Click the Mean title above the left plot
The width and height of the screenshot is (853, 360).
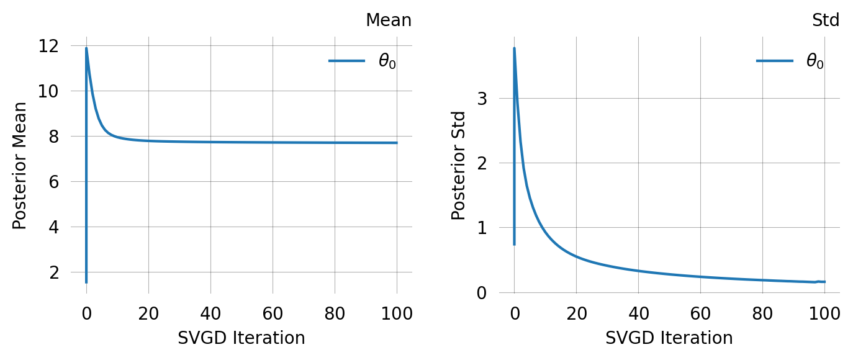(x=388, y=20)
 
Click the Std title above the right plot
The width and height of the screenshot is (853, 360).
(x=826, y=20)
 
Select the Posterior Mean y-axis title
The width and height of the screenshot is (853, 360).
(x=20, y=166)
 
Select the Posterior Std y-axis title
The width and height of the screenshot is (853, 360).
(x=459, y=166)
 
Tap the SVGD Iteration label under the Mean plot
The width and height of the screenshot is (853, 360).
(x=241, y=338)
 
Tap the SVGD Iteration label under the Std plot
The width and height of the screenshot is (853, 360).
(x=669, y=338)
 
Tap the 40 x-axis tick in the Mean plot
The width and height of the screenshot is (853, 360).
(x=210, y=313)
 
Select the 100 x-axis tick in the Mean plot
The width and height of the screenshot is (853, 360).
(x=397, y=313)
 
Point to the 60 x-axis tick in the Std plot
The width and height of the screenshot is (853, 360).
(x=700, y=313)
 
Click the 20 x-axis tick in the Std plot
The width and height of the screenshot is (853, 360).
(x=576, y=313)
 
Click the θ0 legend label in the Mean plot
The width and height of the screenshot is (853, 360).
(x=387, y=61)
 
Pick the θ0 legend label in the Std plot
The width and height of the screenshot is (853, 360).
(x=815, y=61)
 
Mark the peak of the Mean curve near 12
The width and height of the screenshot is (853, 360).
(x=86, y=48)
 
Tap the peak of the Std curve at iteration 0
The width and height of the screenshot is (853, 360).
(x=514, y=48)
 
